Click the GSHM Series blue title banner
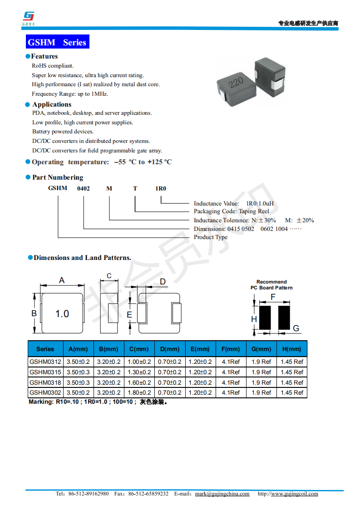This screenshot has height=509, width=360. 57,42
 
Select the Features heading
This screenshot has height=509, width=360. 44,56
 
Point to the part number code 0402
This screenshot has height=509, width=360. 84,188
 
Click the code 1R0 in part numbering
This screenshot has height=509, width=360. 161,188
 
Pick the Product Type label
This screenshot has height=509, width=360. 211,237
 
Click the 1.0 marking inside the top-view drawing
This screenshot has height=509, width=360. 62,313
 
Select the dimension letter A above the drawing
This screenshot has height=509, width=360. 62,280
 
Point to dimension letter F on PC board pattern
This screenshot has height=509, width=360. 273,297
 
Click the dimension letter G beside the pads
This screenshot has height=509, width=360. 296,328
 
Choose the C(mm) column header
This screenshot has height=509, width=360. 138,349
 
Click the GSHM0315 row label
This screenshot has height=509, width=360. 45,372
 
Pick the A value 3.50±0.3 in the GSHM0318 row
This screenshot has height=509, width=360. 78,382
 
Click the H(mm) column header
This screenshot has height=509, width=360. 291,349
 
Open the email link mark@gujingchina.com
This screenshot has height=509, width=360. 222,494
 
